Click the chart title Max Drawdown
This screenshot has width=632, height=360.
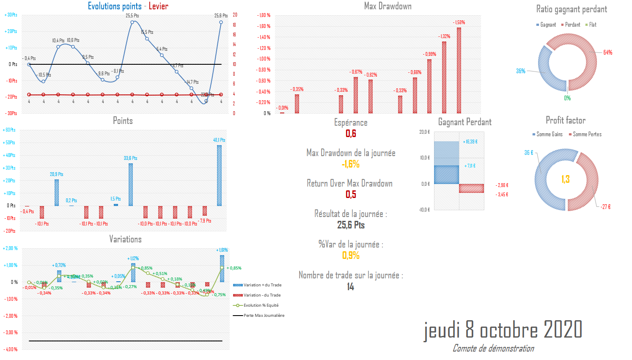387,6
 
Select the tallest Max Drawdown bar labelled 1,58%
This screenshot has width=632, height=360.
459,70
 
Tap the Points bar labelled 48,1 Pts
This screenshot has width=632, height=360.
219,176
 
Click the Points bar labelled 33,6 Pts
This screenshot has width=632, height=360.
131,184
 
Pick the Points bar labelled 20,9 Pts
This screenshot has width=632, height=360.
57,192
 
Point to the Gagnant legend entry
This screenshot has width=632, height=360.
546,25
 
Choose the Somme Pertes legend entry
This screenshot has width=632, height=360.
585,135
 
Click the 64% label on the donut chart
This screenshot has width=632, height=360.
607,52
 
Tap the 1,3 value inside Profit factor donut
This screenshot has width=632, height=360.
566,179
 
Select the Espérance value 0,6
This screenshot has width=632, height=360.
351,134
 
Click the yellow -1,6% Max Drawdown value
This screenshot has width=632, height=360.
351,164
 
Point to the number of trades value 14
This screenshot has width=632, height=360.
350,287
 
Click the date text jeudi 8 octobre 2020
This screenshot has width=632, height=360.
503,330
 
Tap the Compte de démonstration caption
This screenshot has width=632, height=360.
493,349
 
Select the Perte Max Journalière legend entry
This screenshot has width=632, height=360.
264,316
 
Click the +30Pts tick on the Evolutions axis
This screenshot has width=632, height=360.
11,15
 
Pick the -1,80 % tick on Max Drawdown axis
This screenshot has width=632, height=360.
264,15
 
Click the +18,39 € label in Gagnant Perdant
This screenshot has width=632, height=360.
470,142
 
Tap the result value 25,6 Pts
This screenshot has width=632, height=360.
351,225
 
